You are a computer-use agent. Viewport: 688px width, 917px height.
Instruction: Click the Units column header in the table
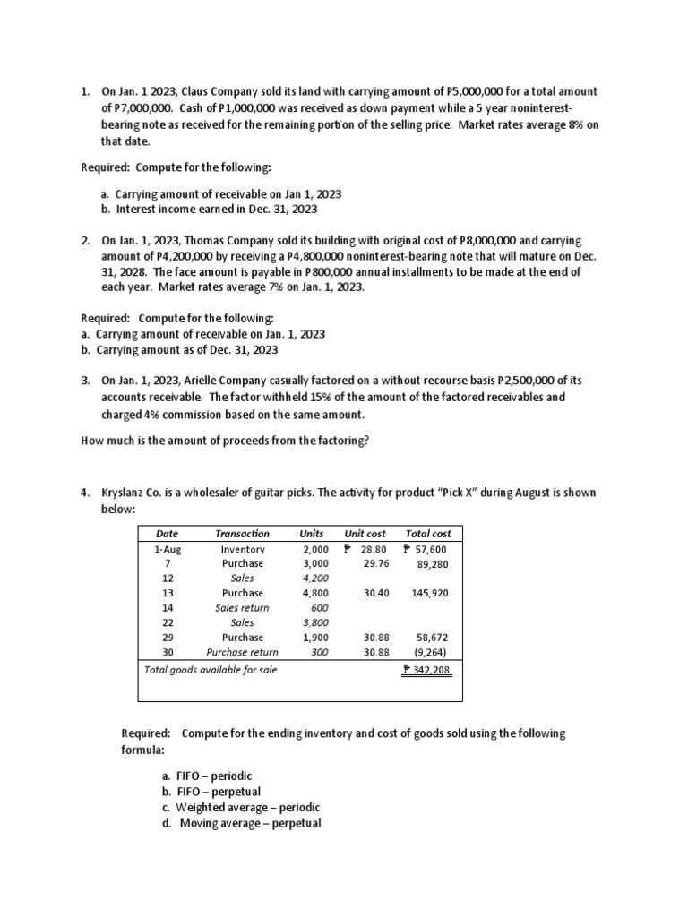(x=311, y=533)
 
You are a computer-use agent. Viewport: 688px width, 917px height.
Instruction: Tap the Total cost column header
(x=428, y=533)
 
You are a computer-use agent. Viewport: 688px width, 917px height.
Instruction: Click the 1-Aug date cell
(x=168, y=549)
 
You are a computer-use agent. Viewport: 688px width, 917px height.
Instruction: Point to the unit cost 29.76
(x=376, y=563)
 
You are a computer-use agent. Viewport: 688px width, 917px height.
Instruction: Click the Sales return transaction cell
(x=242, y=607)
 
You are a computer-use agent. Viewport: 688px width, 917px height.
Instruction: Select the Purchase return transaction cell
(x=242, y=652)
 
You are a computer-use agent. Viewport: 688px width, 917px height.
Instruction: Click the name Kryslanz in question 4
(x=125, y=493)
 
